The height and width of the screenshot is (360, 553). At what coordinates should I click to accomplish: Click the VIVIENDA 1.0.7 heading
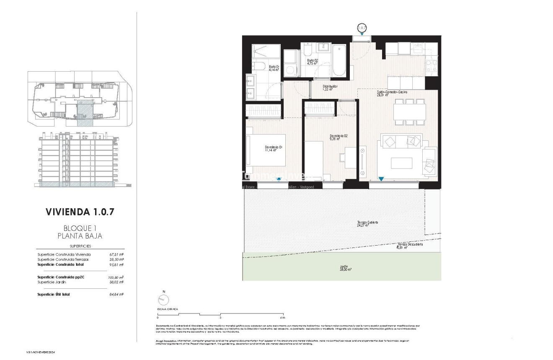point(80,212)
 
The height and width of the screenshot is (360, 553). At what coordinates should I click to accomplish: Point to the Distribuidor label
point(330,88)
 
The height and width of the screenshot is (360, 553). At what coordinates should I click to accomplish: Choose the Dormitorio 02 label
point(339,137)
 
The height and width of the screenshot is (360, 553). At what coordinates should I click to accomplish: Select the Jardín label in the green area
point(344,268)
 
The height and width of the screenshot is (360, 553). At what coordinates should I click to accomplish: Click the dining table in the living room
point(409,112)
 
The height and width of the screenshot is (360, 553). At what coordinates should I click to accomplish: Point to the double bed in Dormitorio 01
point(266,151)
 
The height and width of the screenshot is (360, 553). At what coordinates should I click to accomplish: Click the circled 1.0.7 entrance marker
point(362,28)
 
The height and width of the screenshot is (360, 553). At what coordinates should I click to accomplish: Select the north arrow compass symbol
point(163,300)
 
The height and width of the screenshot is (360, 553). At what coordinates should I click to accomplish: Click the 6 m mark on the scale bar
point(283,318)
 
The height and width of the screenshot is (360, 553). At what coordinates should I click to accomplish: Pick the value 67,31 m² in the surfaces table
point(116,254)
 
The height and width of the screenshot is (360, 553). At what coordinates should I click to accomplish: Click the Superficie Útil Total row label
point(54,295)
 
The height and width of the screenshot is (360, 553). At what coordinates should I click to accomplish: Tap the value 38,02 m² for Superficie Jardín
point(116,282)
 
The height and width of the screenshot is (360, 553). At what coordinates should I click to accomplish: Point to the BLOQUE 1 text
point(80,228)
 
